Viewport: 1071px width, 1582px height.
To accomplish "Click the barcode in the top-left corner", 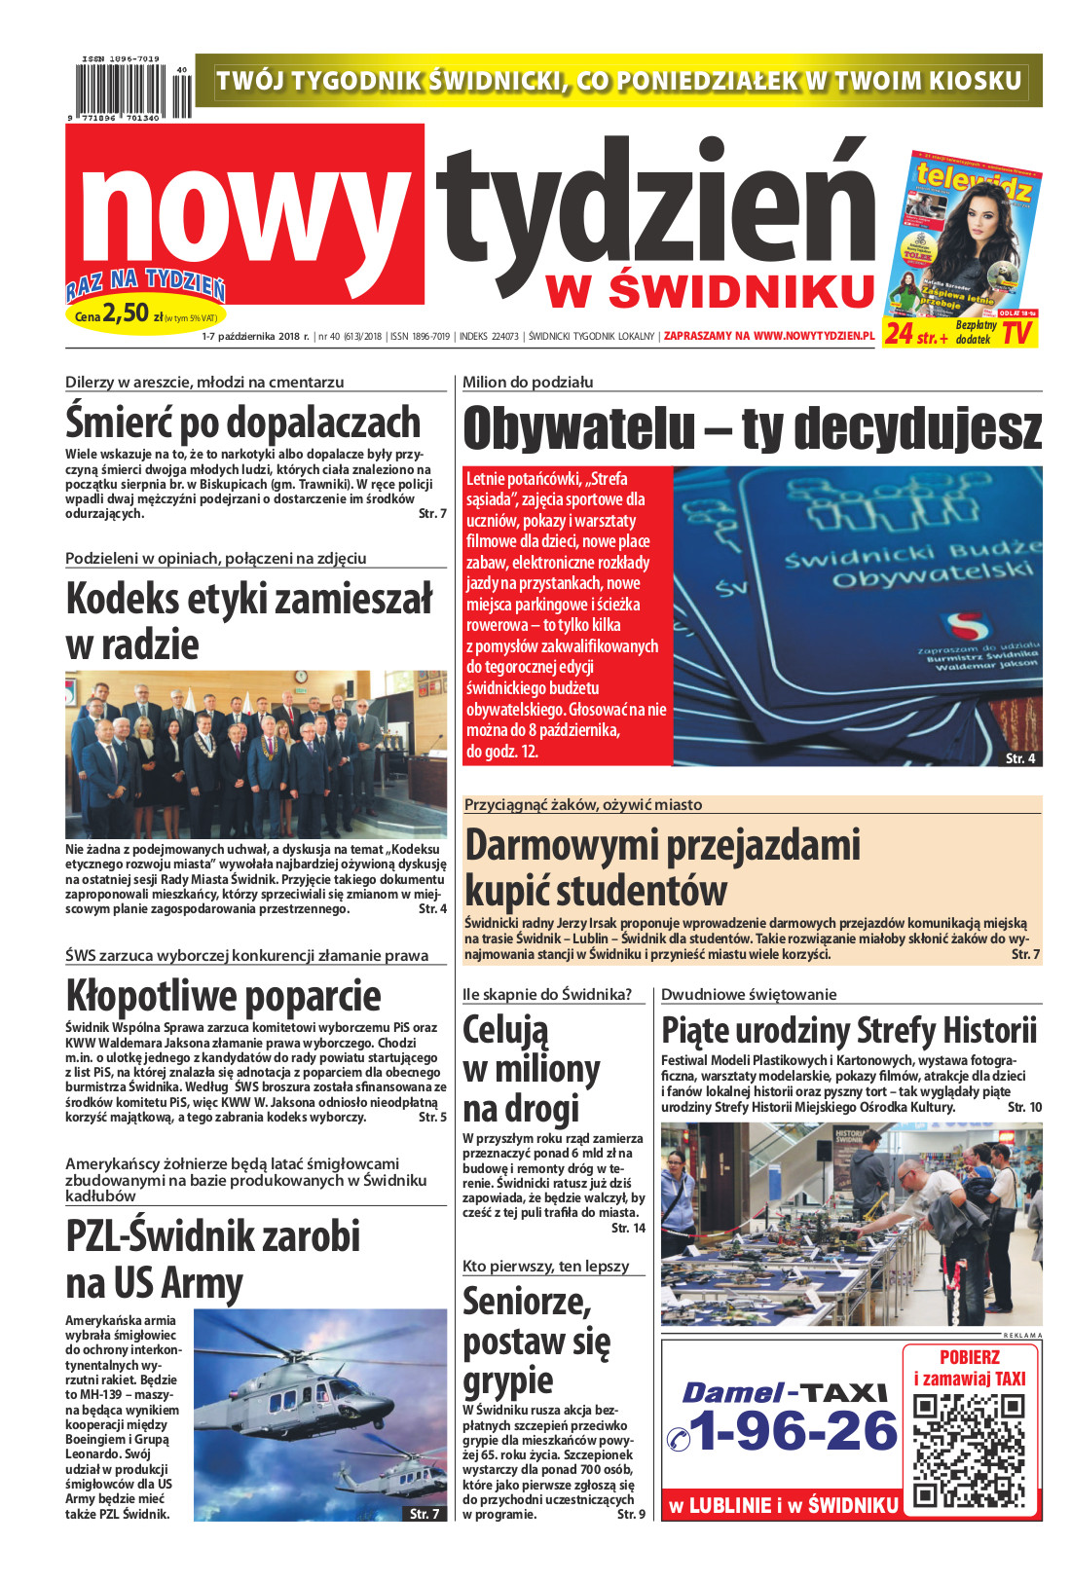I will coord(127,91).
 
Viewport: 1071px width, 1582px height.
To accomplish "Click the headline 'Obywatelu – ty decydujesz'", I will coord(752,428).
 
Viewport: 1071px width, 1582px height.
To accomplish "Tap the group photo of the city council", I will coord(256,754).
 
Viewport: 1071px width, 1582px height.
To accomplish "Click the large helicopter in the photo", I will coord(312,1392).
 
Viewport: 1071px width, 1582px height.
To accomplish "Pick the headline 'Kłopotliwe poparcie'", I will coord(223,996).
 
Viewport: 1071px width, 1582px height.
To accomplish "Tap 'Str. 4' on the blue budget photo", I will coord(1019,757).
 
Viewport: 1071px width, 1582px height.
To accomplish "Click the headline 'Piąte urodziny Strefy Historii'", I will coord(849,1030).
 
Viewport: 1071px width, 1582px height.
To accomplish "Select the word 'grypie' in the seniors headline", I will coord(507,1380).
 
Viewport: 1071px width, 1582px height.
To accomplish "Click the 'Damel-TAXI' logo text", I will coord(784,1392).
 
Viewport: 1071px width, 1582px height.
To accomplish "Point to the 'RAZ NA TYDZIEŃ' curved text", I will coord(146,284).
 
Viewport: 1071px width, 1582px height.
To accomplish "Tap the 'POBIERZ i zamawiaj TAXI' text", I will coord(969,1367).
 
